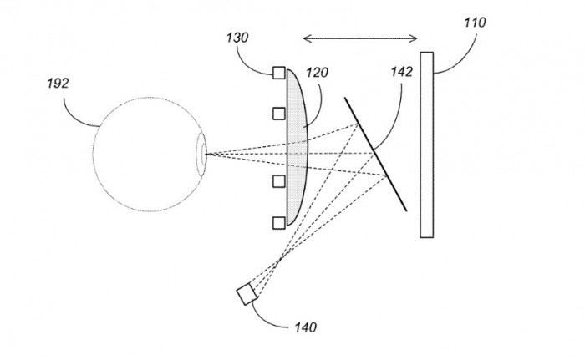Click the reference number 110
tap(474, 23)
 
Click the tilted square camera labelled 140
tap(247, 295)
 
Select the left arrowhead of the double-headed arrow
tap(306, 37)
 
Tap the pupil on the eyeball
tap(201, 154)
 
